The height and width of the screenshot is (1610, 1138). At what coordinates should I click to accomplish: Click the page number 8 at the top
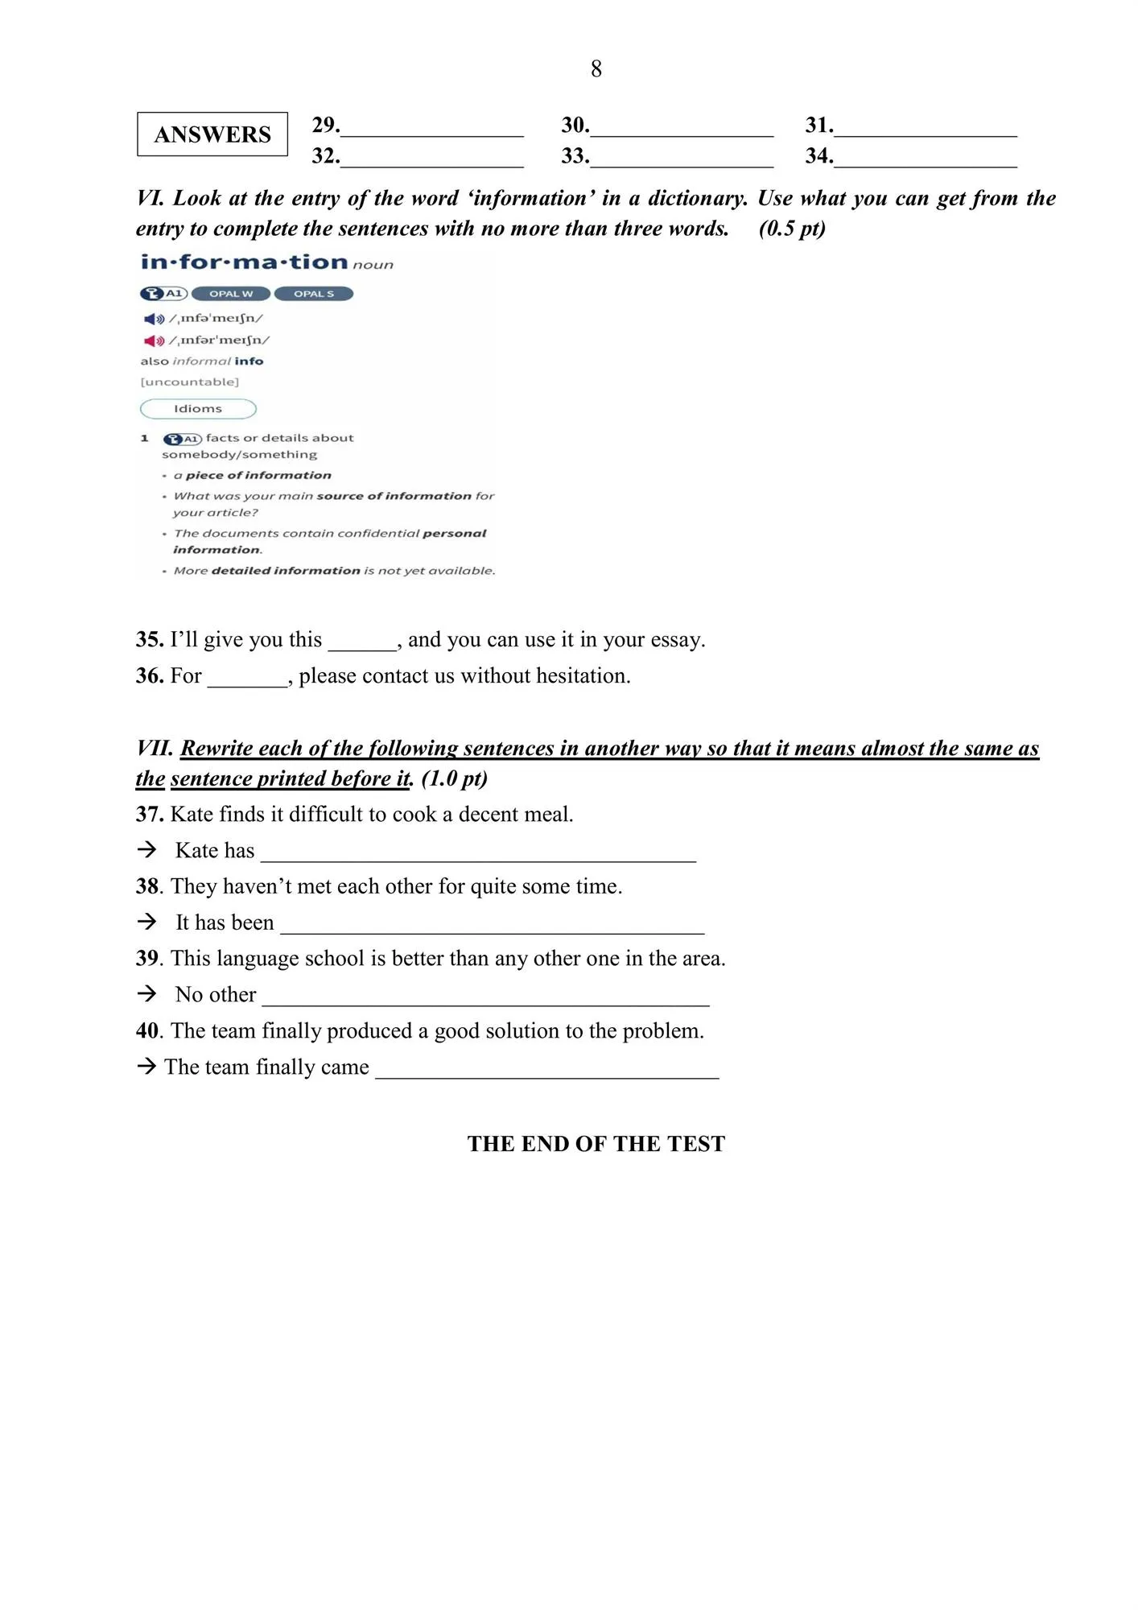coord(596,69)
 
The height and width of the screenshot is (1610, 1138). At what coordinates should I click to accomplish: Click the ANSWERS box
coord(212,134)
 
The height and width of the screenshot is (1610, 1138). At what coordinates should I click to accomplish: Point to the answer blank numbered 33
coord(682,159)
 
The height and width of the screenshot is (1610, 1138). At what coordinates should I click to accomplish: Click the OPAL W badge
coord(231,294)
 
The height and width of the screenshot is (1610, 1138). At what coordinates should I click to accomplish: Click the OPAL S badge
coord(314,294)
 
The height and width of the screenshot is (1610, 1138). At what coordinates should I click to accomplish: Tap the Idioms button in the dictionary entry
coord(198,409)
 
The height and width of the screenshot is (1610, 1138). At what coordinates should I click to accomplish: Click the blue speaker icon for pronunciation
coord(154,319)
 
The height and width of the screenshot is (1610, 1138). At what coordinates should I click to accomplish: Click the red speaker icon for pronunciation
coord(154,341)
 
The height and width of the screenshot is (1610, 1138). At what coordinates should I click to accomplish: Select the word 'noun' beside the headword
coord(373,265)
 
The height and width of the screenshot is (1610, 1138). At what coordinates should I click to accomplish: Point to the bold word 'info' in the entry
coord(249,361)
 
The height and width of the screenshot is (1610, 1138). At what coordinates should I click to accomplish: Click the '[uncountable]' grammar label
coord(190,382)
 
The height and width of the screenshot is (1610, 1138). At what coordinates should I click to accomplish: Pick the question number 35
coord(150,640)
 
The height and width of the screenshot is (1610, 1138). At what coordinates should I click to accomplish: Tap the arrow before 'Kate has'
coord(146,849)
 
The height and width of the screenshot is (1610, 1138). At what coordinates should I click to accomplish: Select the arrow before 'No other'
coord(146,993)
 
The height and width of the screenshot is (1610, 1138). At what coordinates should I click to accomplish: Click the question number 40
coord(149,1031)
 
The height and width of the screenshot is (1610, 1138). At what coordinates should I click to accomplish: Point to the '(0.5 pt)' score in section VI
coord(792,229)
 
